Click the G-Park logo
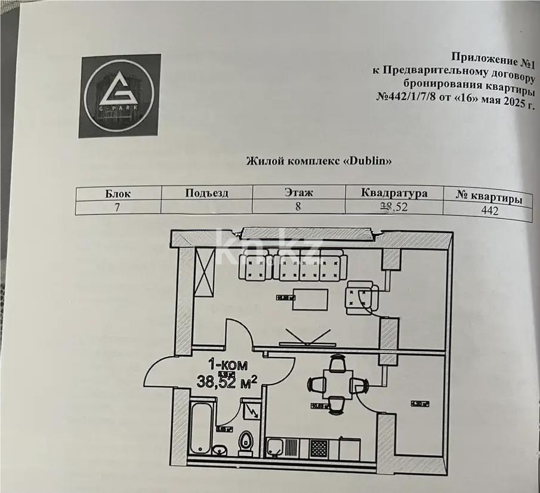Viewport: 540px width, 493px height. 120,95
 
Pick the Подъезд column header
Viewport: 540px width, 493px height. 206,193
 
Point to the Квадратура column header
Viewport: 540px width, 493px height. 394,194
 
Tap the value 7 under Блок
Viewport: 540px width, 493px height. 117,207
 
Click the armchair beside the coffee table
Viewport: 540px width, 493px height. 361,296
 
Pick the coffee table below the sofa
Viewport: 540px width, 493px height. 310,299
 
